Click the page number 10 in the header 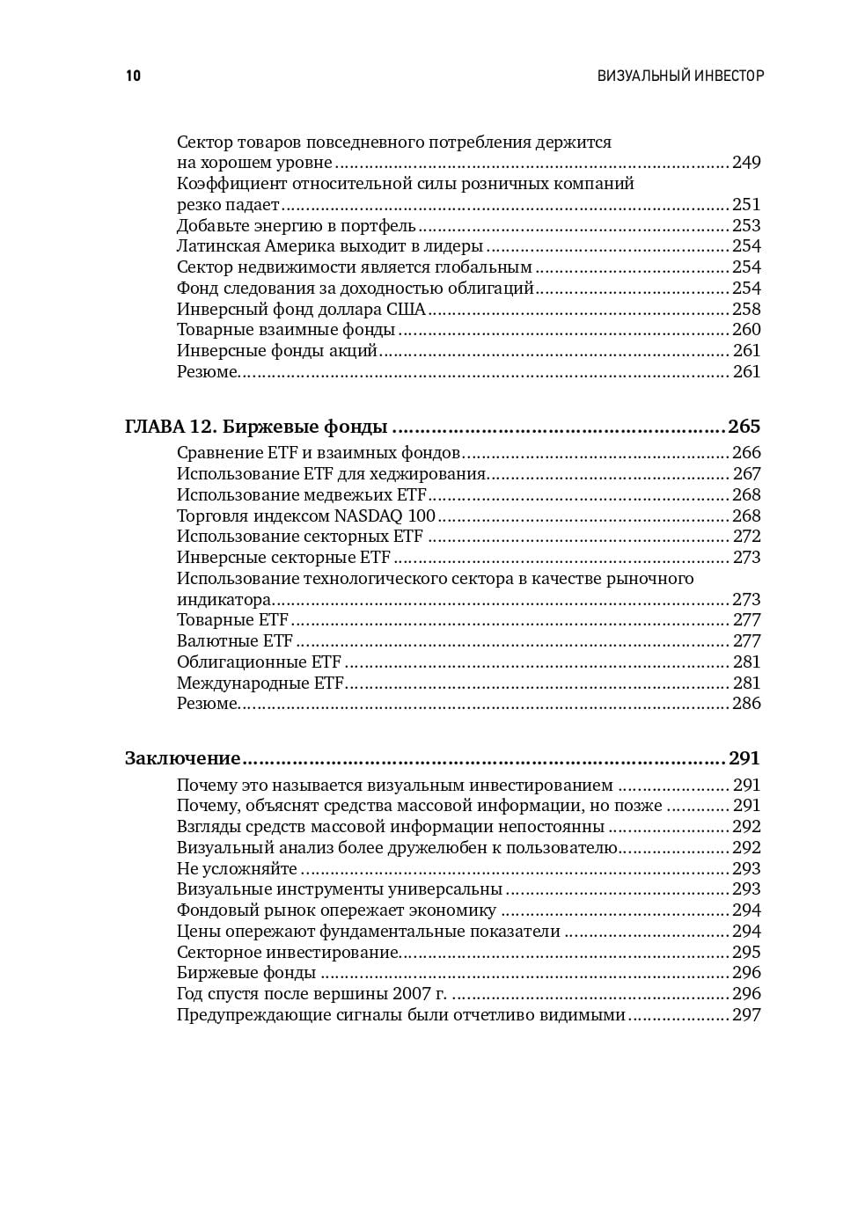click(x=133, y=76)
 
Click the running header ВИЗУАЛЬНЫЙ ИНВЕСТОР click(x=680, y=76)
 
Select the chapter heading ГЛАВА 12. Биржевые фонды click(x=256, y=427)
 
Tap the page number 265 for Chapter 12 click(x=744, y=427)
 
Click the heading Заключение click(x=182, y=758)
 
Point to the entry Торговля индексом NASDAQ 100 click(x=306, y=515)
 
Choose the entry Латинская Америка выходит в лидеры click(x=330, y=246)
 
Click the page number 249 click(x=746, y=163)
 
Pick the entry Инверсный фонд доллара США click(x=301, y=309)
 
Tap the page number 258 click(x=746, y=309)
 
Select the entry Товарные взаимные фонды click(x=286, y=330)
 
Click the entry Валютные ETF click(x=234, y=640)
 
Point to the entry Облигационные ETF click(x=259, y=662)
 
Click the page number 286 click(x=746, y=704)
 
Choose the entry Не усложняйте click(x=237, y=868)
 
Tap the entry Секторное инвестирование click(x=288, y=952)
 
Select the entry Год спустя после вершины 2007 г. click(x=312, y=994)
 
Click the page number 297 click(x=746, y=1015)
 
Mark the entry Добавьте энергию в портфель click(x=296, y=225)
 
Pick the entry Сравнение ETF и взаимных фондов click(x=319, y=453)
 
